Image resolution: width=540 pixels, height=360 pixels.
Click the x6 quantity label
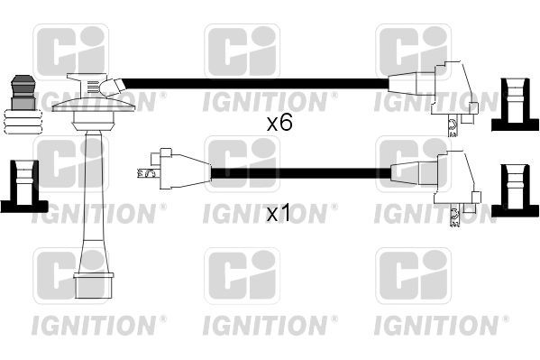pyautogui.click(x=279, y=124)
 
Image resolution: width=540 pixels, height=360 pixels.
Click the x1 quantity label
pyautogui.click(x=279, y=214)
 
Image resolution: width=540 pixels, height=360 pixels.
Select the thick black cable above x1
pyautogui.click(x=297, y=170)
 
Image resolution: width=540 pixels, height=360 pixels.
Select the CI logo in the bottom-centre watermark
pyautogui.click(x=242, y=276)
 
